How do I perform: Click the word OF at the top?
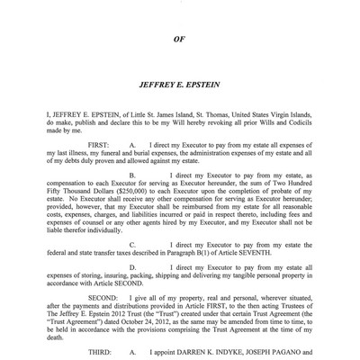(x=180, y=40)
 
